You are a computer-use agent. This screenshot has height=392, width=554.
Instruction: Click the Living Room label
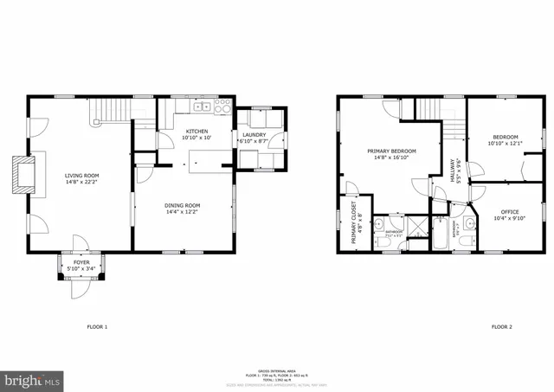tap(81, 176)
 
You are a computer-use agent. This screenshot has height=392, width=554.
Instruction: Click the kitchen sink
tap(201, 107)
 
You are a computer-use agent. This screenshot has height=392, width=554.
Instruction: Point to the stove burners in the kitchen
tap(223, 107)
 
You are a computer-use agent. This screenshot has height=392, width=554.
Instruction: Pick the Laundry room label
tap(254, 134)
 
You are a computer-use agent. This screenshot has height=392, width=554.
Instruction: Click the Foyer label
tap(81, 260)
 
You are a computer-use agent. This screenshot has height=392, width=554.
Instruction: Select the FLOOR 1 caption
tap(97, 327)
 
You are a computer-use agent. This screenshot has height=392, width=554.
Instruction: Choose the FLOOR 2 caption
tap(502, 327)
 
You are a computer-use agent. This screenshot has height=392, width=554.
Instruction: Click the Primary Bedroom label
tap(395, 151)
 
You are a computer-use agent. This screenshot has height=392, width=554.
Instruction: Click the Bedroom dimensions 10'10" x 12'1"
tap(506, 144)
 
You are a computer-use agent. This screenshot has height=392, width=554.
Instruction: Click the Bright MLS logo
tap(33, 380)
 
